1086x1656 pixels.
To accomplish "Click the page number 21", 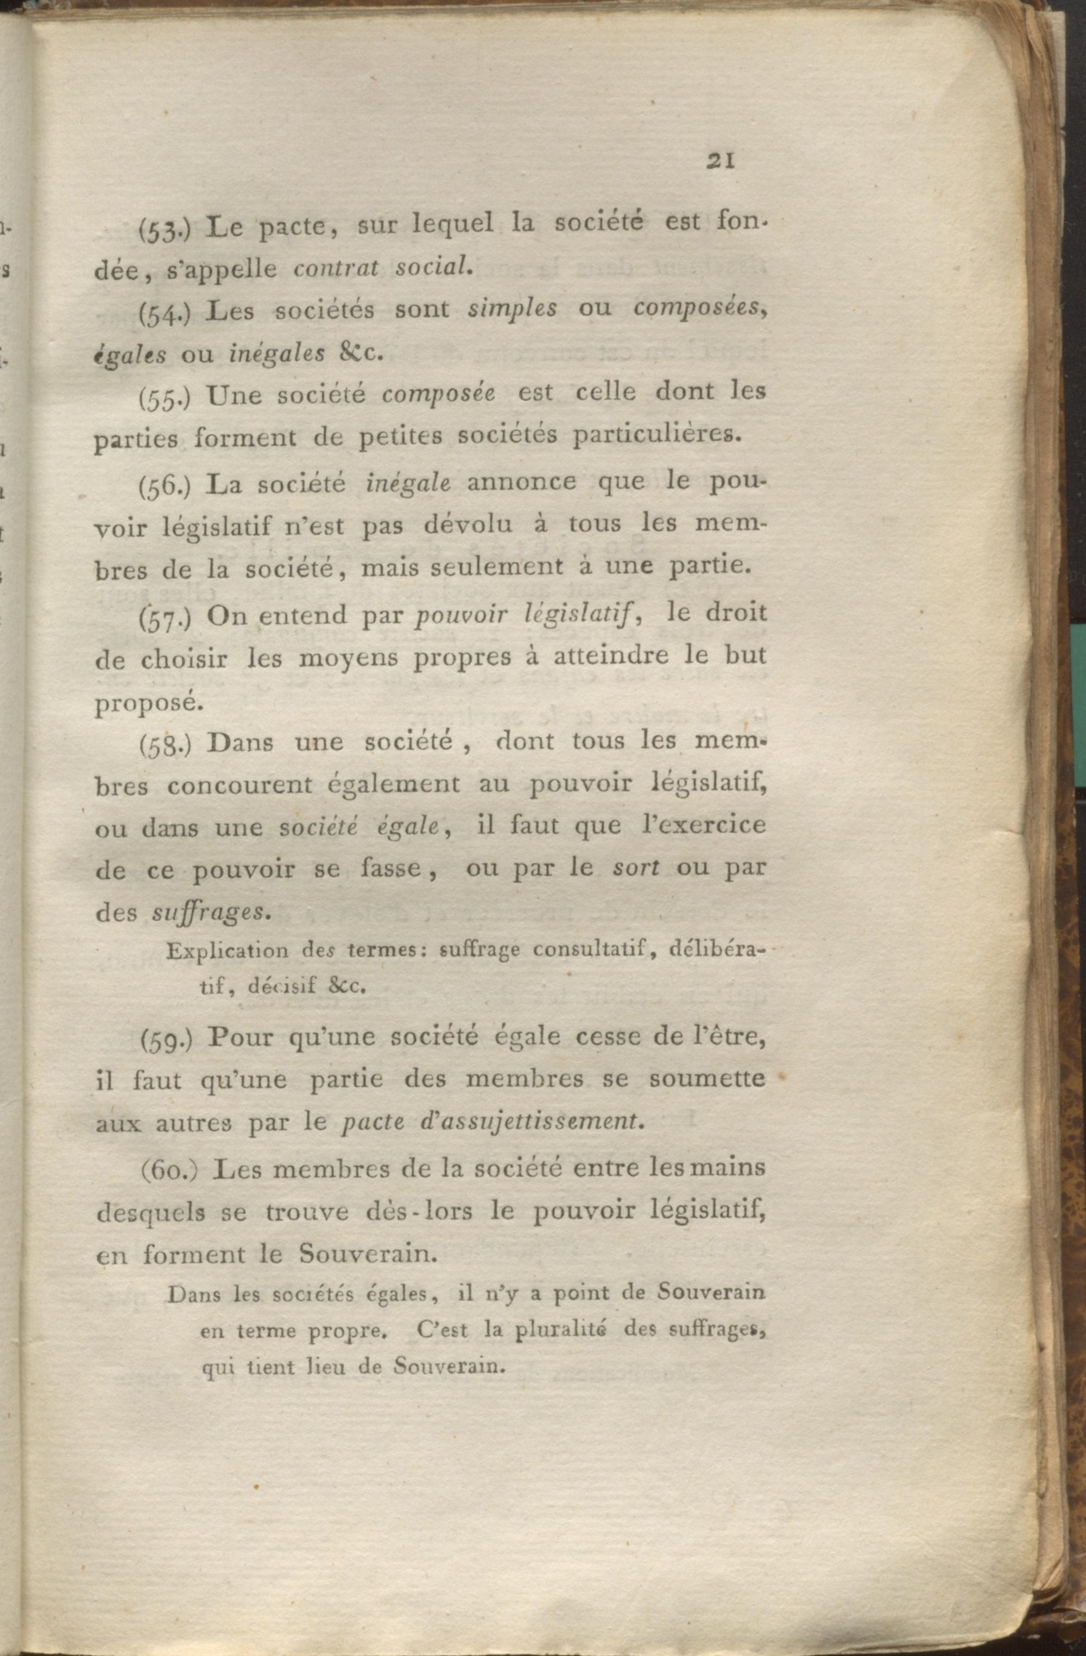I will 721,161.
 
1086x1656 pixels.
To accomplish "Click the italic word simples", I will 513,309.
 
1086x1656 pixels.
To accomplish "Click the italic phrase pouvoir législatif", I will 522,616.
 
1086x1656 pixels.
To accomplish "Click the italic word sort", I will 635,868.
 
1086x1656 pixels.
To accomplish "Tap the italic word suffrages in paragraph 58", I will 210,913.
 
